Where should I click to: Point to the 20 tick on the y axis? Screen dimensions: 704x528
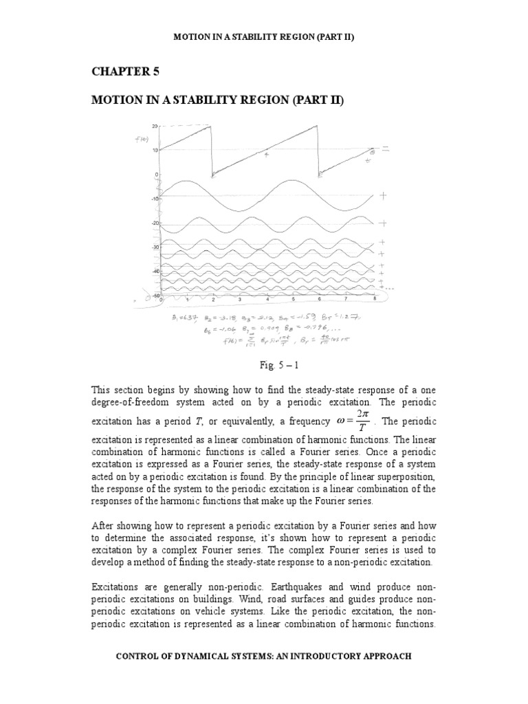156,126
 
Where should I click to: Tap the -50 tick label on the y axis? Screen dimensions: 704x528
155,295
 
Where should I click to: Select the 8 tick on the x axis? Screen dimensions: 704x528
373,300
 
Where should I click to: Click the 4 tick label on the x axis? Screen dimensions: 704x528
267,300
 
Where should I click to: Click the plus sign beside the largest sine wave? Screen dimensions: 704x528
383,196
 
